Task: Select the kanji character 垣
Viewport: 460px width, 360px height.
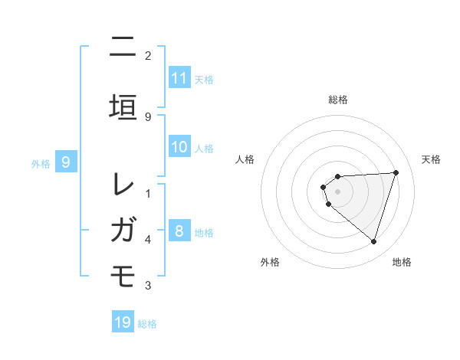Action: click(123, 106)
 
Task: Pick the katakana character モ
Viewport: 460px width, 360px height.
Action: click(123, 275)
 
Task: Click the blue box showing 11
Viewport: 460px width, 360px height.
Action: click(179, 78)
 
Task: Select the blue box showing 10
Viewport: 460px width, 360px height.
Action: click(179, 148)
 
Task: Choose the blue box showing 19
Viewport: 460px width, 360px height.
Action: click(123, 322)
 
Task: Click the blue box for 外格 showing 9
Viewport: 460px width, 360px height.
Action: click(66, 162)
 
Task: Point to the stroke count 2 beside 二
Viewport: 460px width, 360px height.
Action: click(148, 56)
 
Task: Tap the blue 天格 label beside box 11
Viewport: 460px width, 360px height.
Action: click(204, 79)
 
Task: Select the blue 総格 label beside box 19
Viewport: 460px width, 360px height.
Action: click(147, 323)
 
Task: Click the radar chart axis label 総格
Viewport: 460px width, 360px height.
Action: click(338, 100)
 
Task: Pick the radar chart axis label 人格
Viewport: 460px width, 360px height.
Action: click(245, 159)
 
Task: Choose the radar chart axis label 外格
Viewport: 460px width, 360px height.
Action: click(270, 262)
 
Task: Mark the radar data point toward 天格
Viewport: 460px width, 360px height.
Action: click(396, 172)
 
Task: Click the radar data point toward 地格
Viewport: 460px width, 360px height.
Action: click(373, 241)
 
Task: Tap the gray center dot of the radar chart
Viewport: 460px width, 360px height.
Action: click(338, 191)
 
